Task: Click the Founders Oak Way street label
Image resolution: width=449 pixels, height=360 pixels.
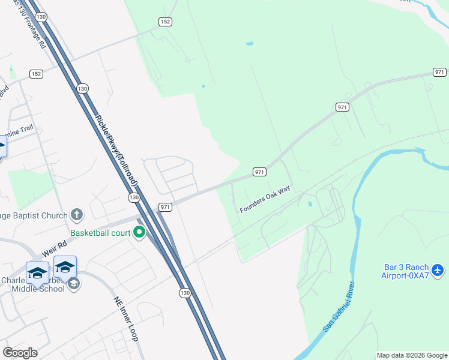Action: click(x=265, y=200)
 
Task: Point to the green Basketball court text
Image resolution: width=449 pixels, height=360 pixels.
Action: click(x=99, y=232)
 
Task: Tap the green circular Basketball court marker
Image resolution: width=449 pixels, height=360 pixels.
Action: click(x=140, y=232)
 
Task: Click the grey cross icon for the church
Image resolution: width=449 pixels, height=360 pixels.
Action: click(x=76, y=214)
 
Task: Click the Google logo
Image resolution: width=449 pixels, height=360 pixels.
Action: click(x=20, y=353)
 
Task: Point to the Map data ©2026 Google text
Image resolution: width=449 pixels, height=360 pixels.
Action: click(x=412, y=355)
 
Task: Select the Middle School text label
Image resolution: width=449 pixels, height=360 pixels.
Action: click(x=37, y=289)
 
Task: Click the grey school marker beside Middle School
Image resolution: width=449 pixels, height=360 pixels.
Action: click(x=74, y=284)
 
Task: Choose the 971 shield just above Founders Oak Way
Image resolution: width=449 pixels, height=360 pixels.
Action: click(x=259, y=172)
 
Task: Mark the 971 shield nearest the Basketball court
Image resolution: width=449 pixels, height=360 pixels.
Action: click(x=166, y=207)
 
